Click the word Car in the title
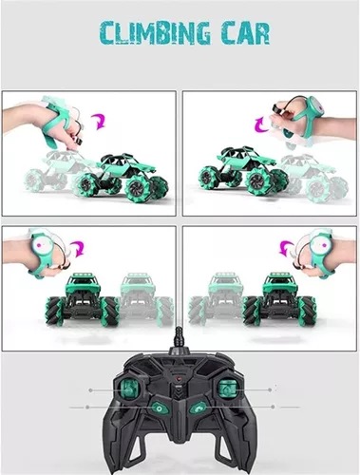tap(239, 34)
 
